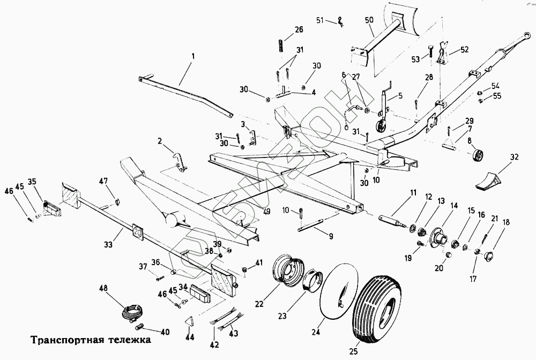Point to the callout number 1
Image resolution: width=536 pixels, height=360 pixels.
point(193,55)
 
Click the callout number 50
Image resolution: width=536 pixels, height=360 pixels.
point(368,21)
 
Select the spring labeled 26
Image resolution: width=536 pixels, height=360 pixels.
point(281,46)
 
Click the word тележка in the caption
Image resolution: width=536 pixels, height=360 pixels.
point(127,340)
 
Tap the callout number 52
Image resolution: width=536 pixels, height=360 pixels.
point(464,50)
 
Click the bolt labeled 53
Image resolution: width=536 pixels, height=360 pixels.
point(430,53)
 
